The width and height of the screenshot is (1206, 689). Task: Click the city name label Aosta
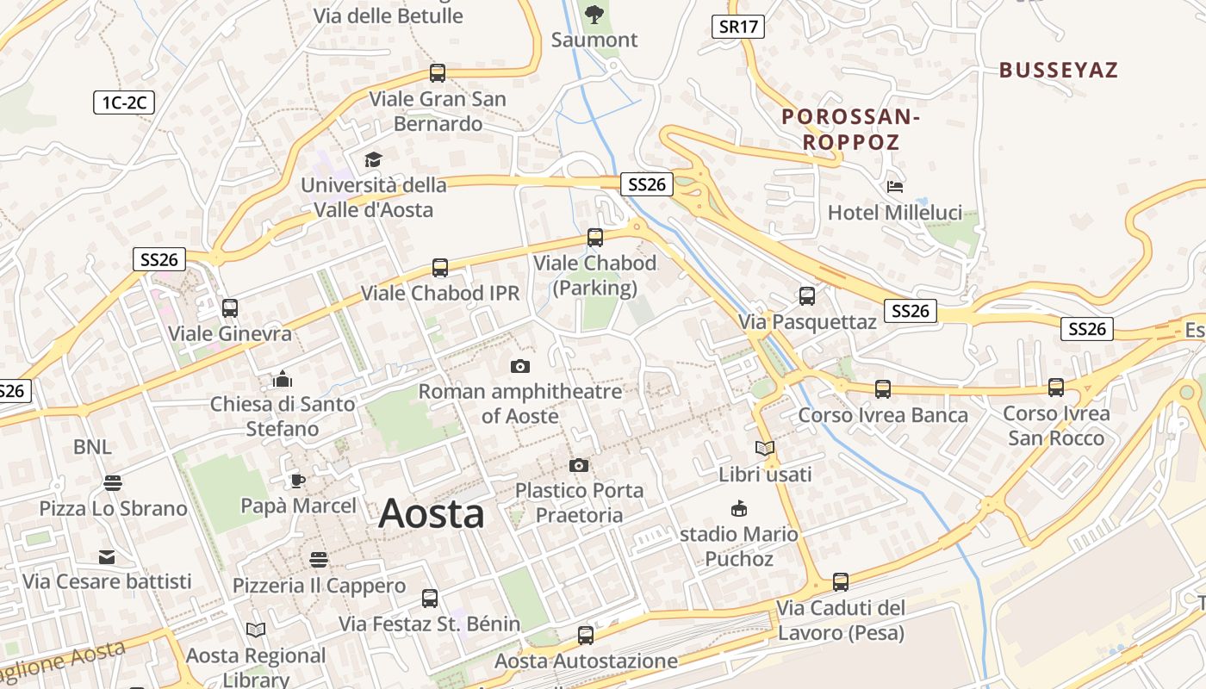(431, 514)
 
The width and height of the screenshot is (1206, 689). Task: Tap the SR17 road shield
(739, 27)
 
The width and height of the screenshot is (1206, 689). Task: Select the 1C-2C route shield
(124, 103)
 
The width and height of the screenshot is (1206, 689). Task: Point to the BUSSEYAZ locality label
(1059, 71)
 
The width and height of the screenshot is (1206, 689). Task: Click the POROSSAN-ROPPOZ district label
(851, 129)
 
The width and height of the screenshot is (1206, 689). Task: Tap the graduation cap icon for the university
(373, 160)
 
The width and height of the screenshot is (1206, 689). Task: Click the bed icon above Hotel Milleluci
(895, 187)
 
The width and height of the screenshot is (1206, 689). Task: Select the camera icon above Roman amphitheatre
(519, 367)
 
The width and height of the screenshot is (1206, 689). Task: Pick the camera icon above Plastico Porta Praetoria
(579, 466)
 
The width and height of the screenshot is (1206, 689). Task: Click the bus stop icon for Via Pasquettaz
(806, 296)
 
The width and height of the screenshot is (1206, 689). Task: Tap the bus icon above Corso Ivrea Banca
(882, 389)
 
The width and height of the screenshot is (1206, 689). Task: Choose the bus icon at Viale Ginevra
(229, 308)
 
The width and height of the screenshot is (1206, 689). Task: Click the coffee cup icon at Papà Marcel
(297, 481)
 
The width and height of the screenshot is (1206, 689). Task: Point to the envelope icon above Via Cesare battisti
(107, 557)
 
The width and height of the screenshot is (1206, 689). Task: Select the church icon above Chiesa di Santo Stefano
(283, 379)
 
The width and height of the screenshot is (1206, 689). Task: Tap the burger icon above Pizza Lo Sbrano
(113, 483)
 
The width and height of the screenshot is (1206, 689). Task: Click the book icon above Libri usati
(765, 449)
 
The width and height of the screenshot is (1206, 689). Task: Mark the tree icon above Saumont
(594, 14)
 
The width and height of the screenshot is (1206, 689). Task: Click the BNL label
(92, 447)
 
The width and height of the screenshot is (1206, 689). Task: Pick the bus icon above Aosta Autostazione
(586, 636)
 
